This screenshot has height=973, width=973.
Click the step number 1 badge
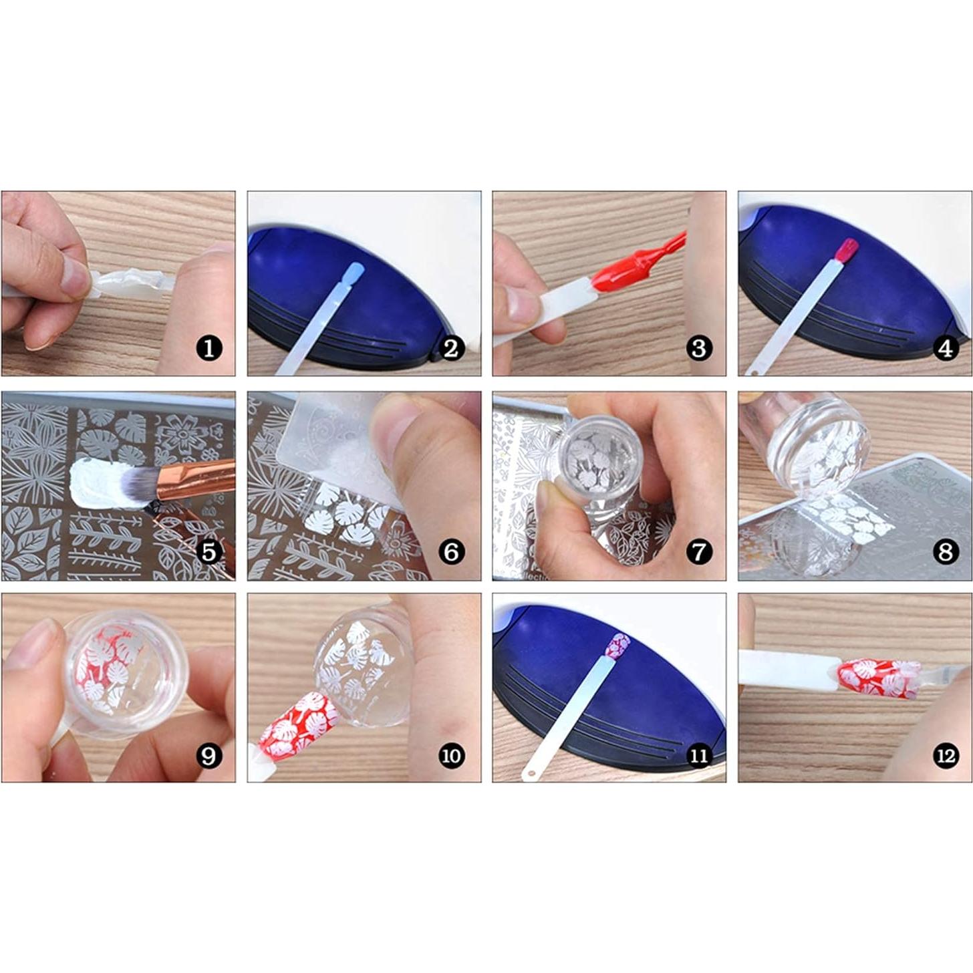(x=209, y=348)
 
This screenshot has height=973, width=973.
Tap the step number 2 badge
(x=452, y=348)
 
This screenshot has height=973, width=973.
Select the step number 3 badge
(x=698, y=348)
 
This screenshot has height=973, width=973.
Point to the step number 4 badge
(x=945, y=348)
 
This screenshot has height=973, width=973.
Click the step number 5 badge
(x=209, y=552)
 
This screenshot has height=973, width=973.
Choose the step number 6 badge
(x=452, y=552)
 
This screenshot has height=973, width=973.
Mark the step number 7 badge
(x=698, y=552)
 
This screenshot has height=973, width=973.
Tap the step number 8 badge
(x=945, y=552)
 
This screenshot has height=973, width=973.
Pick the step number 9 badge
(x=209, y=756)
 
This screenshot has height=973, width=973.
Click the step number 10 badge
(x=452, y=756)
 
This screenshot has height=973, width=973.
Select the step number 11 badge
(x=698, y=756)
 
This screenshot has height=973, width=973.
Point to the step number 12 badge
(x=945, y=756)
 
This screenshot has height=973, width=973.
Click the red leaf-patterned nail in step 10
(x=294, y=724)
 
